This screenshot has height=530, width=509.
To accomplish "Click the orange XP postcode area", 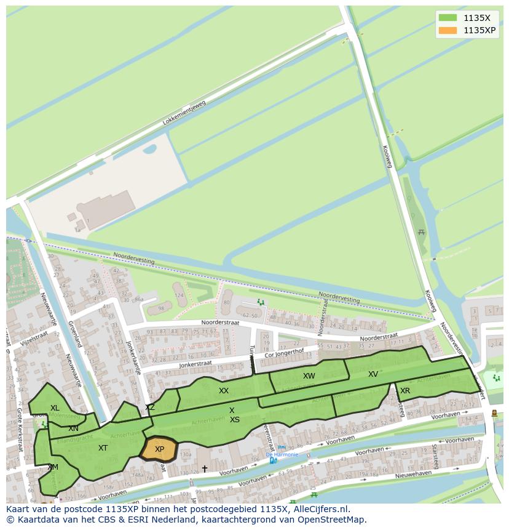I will [159, 449].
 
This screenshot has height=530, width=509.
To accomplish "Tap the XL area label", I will [55, 408].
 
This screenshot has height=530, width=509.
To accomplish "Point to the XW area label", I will [309, 376].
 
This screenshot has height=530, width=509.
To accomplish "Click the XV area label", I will [373, 374].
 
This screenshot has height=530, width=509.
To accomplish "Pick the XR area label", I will [405, 391].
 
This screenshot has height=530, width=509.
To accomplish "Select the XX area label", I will [224, 391].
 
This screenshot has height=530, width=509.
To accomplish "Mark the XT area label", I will [103, 448].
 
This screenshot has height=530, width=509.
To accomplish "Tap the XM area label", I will [53, 467].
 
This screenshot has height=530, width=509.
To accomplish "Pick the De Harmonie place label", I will [282, 455].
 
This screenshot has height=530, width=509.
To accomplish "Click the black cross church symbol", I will [205, 469].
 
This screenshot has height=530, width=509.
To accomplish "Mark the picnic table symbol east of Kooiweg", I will [421, 232].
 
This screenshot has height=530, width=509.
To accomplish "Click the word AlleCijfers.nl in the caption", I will [320, 509].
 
